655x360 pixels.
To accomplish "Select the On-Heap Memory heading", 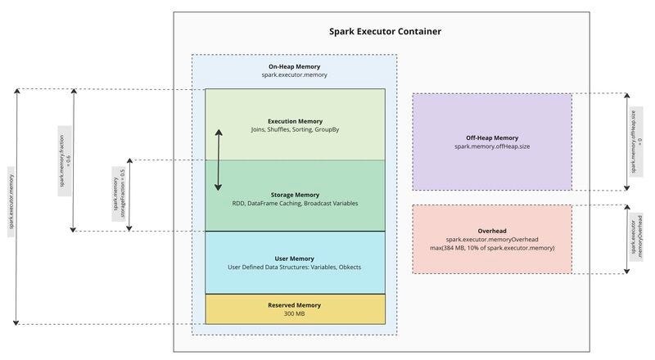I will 294,66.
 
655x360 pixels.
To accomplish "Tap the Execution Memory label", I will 294,121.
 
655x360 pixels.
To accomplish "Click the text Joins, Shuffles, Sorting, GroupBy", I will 294,130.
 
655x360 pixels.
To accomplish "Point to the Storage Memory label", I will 294,195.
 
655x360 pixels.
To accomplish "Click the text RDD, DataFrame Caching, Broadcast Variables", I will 294,203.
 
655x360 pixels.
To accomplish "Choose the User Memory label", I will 294,259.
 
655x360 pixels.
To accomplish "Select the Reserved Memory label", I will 294,305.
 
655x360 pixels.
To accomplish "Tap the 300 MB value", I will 294,313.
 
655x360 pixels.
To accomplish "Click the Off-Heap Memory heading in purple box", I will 491,137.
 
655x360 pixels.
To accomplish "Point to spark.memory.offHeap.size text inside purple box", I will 491,146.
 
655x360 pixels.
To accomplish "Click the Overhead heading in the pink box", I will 491,228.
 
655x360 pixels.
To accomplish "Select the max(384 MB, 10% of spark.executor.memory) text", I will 491,247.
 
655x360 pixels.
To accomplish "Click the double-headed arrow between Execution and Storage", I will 219,160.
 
